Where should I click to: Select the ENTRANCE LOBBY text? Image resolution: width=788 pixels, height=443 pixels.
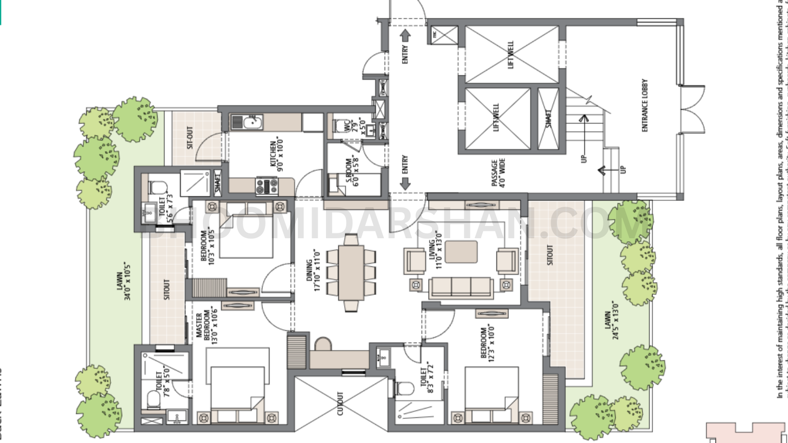(x=645, y=105)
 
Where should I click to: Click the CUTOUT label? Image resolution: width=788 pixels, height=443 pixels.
(x=340, y=403)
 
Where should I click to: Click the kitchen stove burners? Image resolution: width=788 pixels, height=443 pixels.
(x=266, y=186)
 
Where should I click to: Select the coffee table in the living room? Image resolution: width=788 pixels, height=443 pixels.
(x=460, y=252)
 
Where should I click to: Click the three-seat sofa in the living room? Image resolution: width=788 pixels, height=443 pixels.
(x=461, y=287)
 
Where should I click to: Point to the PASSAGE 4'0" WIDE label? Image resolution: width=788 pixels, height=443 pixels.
(x=498, y=172)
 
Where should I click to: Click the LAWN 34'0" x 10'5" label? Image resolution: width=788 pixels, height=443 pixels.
(x=123, y=281)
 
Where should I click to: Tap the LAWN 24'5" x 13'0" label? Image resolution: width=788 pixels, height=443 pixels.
(x=611, y=320)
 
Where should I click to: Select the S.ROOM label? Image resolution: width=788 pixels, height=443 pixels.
(x=353, y=171)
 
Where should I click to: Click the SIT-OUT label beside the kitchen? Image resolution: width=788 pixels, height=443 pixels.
(x=190, y=137)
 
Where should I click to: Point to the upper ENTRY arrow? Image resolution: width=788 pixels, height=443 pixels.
(x=405, y=36)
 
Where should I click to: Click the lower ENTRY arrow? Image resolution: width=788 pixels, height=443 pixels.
(x=405, y=184)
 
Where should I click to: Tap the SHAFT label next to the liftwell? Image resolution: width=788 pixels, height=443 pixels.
(x=549, y=119)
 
